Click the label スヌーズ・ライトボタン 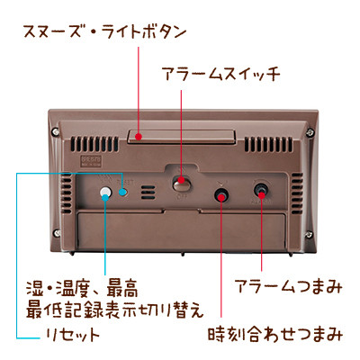click(x=104, y=32)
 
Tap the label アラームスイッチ click(x=221, y=74)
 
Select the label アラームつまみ click(x=288, y=286)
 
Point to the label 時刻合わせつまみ click(x=275, y=334)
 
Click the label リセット click(x=73, y=334)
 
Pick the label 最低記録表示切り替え click(x=114, y=310)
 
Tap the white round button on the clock click(x=105, y=193)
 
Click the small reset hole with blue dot click(x=123, y=192)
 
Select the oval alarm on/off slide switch click(x=182, y=184)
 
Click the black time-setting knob click(x=221, y=195)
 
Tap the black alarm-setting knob click(x=261, y=191)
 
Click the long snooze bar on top click(x=181, y=137)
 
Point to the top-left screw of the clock click(x=55, y=130)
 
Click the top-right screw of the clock click(x=310, y=131)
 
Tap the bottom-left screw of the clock click(x=57, y=233)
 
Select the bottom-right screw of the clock click(x=309, y=233)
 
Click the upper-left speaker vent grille click(x=94, y=144)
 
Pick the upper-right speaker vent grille click(x=268, y=144)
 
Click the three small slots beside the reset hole click(x=148, y=193)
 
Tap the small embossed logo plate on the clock click(x=90, y=161)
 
